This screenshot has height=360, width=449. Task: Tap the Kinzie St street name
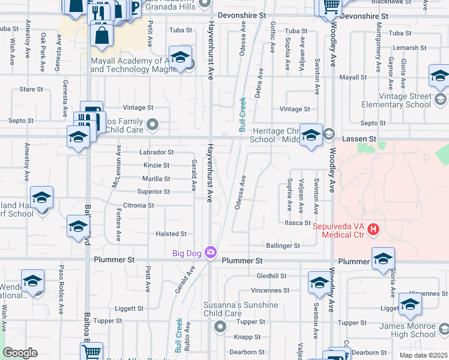pyautogui.click(x=156, y=165)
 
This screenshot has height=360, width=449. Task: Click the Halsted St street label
pyautogui.click(x=172, y=234)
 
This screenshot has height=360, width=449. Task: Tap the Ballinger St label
pyautogui.click(x=283, y=246)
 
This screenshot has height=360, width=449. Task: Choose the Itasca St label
pyautogui.click(x=297, y=223)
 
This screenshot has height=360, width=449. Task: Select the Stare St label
pyautogui.click(x=31, y=89)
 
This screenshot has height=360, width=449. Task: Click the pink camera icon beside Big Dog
pyautogui.click(x=211, y=253)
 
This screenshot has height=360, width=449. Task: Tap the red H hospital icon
pyautogui.click(x=374, y=229)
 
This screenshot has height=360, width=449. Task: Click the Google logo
pyautogui.click(x=20, y=353)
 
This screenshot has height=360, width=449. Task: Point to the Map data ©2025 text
pyautogui.click(x=423, y=355)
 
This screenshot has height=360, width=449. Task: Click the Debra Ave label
pyautogui.click(x=260, y=83)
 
